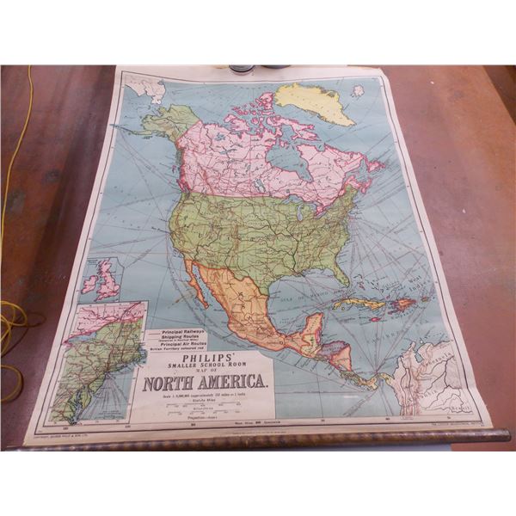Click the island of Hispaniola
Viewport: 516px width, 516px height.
(x=402, y=304)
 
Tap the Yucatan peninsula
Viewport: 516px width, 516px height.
(x=313, y=325)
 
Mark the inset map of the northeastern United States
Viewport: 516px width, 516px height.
(x=100, y=361)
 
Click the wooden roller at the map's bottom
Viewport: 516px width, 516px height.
(x=258, y=440)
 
